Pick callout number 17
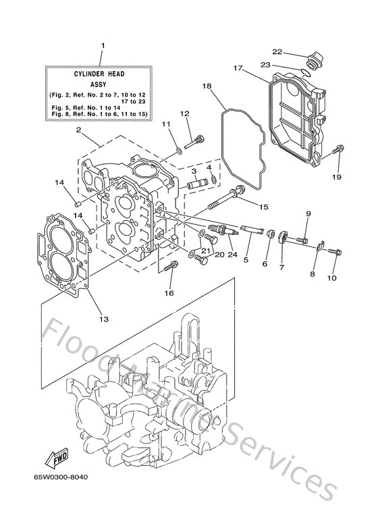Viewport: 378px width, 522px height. pyautogui.click(x=238, y=68)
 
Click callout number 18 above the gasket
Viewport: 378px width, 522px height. pyautogui.click(x=207, y=86)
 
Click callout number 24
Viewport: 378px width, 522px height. pyautogui.click(x=233, y=255)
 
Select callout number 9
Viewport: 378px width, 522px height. pyautogui.click(x=308, y=214)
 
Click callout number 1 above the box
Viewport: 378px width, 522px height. pyautogui.click(x=103, y=46)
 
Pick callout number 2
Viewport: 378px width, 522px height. pyautogui.click(x=78, y=130)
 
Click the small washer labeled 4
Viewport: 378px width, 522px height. pyautogui.click(x=213, y=179)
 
